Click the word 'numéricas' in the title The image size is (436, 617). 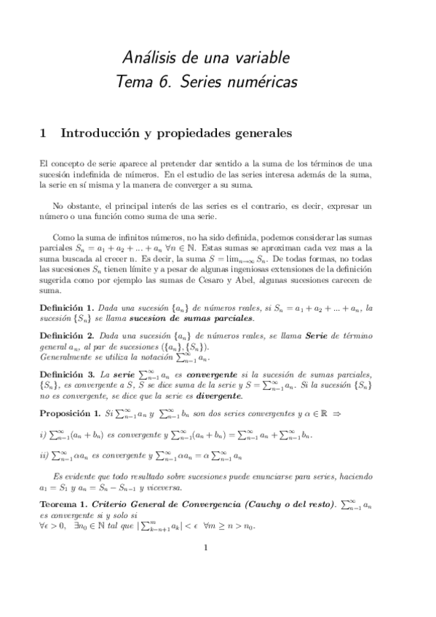point(264,83)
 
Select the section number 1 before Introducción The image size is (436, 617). point(43,133)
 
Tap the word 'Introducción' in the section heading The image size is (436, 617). point(101,133)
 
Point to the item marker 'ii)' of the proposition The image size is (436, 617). point(44,456)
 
